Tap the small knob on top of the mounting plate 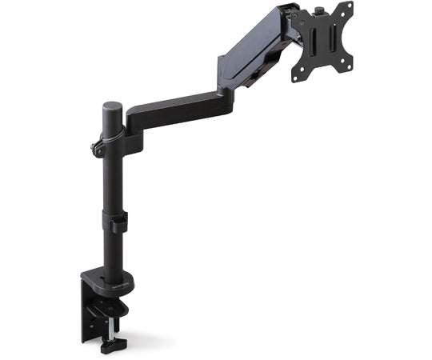pos(319,13)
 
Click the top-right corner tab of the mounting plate pos(349,9)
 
